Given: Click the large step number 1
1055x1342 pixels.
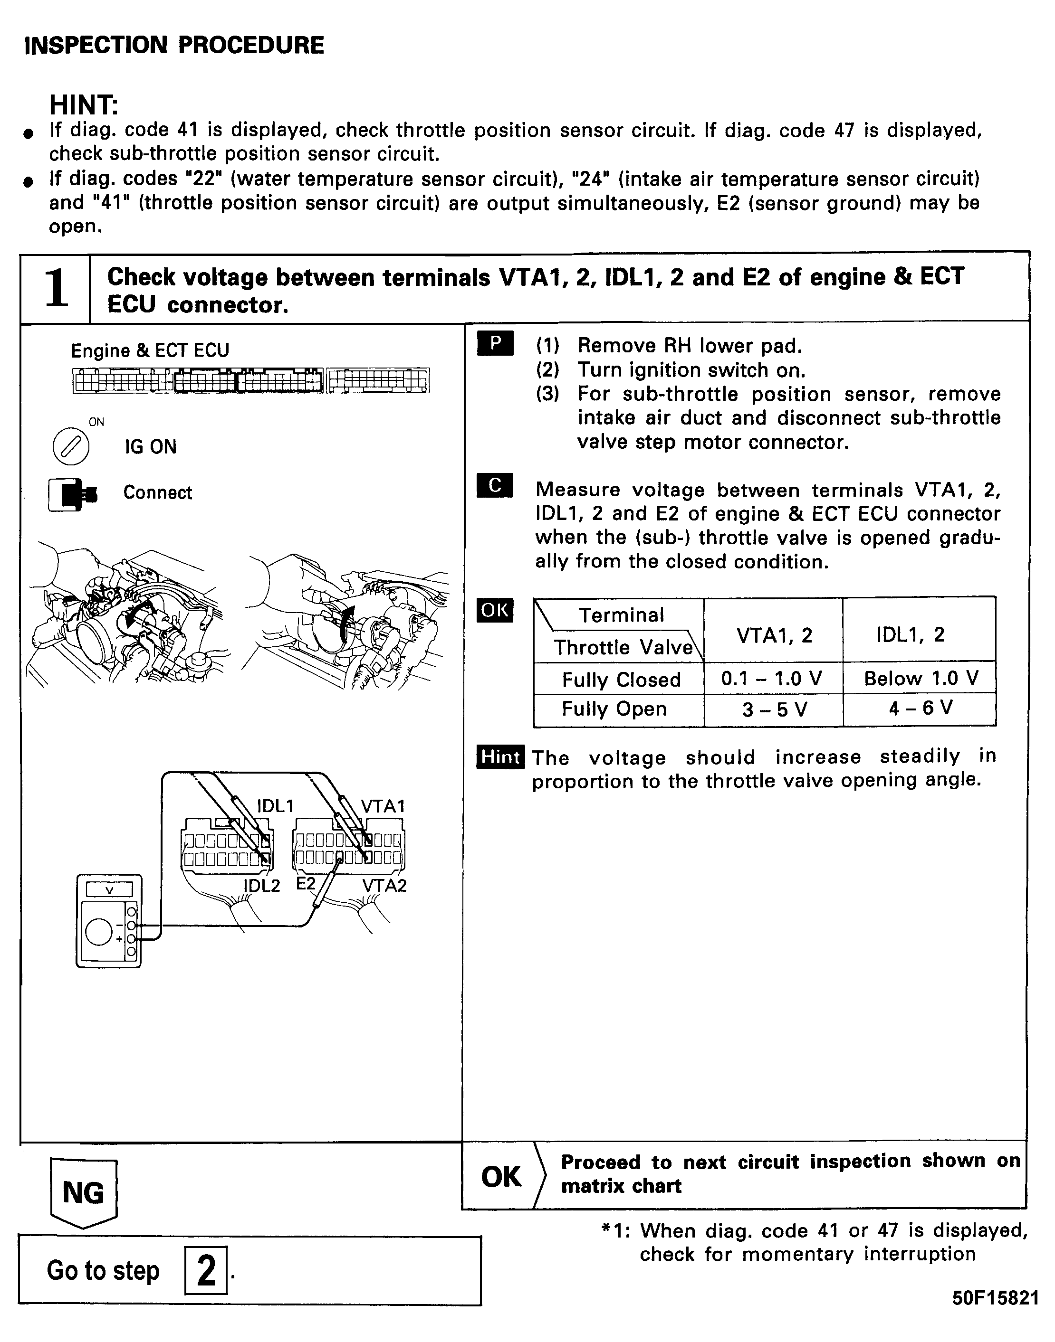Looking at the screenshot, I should click(56, 288).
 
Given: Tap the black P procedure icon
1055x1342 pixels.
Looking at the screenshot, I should click(495, 344).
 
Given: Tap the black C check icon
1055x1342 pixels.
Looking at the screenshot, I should click(495, 486).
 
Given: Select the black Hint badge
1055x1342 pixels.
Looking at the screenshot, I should click(500, 757).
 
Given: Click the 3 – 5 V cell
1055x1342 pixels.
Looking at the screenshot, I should click(773, 709).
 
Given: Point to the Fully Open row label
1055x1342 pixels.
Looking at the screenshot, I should click(614, 709).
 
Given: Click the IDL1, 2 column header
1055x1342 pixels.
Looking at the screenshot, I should click(910, 634).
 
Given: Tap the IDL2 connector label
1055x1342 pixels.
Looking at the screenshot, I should click(261, 886).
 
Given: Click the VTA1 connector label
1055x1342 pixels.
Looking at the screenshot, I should click(383, 806).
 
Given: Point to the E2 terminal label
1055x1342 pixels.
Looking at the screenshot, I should click(306, 884).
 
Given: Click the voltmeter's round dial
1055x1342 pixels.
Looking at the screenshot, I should click(99, 932).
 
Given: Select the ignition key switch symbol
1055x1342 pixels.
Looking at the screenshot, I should click(71, 446).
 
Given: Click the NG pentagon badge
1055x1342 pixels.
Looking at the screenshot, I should click(83, 1192).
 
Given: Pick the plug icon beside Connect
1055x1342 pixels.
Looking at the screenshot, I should click(73, 494).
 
